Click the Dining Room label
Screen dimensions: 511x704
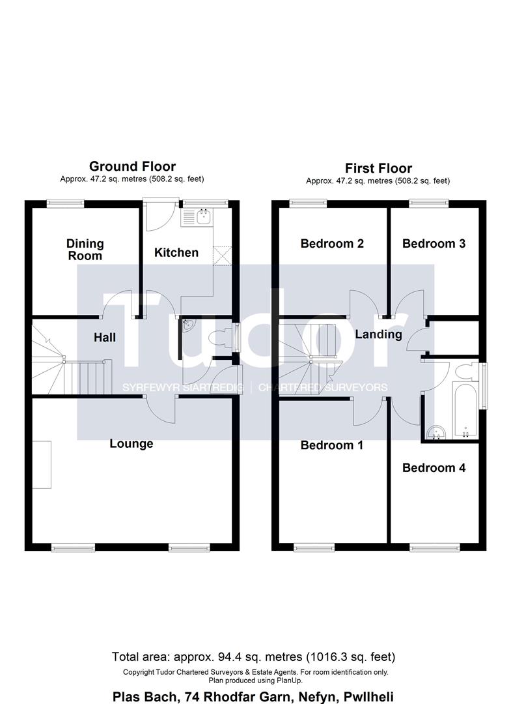coord(85,250)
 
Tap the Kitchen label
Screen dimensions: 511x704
coord(176,252)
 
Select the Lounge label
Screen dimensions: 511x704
coord(131,444)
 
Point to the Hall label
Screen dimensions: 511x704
coord(105,337)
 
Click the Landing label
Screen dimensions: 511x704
coord(378,334)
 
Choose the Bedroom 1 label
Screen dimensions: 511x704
coord(332,445)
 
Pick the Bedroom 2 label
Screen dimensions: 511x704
coord(332,243)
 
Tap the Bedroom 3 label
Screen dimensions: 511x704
coord(434,243)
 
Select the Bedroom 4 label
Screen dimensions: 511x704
coord(434,468)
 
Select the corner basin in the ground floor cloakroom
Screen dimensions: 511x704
coord(187,325)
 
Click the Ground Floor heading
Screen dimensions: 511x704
coord(132,166)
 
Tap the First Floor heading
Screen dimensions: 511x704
coord(378,168)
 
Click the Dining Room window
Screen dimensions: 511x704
coord(66,203)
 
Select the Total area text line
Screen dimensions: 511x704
coord(254,657)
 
